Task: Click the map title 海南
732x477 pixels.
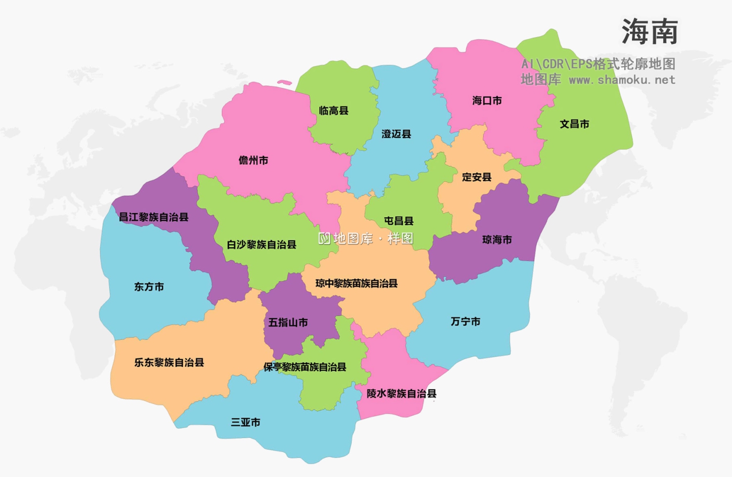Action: [x=650, y=32]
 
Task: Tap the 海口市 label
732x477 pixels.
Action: [x=487, y=101]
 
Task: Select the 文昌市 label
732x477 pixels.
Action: [x=574, y=124]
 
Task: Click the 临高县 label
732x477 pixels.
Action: [x=334, y=111]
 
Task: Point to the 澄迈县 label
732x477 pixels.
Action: [x=396, y=134]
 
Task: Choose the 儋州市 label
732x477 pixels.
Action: [x=253, y=161]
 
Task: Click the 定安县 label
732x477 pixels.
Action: [x=477, y=177]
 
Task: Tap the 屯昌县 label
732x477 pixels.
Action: [x=399, y=221]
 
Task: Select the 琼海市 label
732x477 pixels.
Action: [x=497, y=240]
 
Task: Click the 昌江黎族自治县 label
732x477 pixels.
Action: [x=154, y=217]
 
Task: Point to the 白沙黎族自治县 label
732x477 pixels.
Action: [x=262, y=245]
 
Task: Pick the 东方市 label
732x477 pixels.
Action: [x=149, y=287]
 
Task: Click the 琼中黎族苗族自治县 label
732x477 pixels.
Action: [x=356, y=284]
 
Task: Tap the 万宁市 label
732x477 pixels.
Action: [x=466, y=322]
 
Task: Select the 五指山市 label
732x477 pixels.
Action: [x=288, y=323]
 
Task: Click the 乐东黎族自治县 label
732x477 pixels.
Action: [x=169, y=363]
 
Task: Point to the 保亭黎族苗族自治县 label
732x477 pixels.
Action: [x=305, y=367]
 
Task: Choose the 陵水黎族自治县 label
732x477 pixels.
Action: [x=402, y=394]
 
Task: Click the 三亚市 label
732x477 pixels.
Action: [x=245, y=422]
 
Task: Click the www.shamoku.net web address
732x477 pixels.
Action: [x=622, y=80]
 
